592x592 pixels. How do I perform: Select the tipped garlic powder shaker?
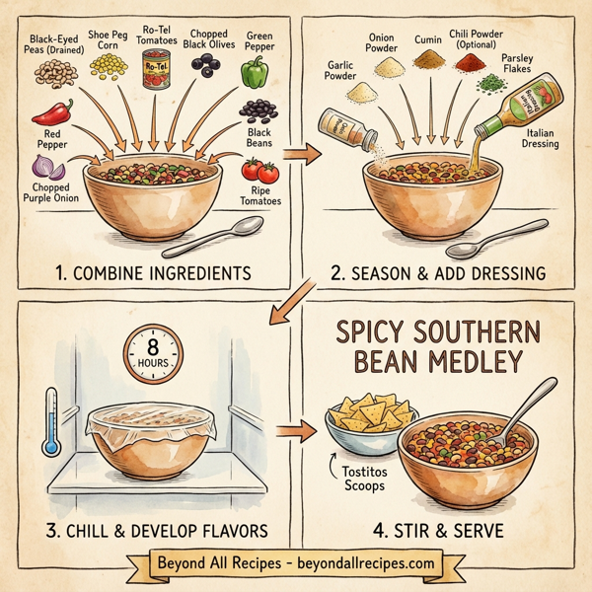point(337,125)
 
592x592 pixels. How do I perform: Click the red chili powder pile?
point(473,62)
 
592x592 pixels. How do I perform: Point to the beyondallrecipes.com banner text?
point(296,562)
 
